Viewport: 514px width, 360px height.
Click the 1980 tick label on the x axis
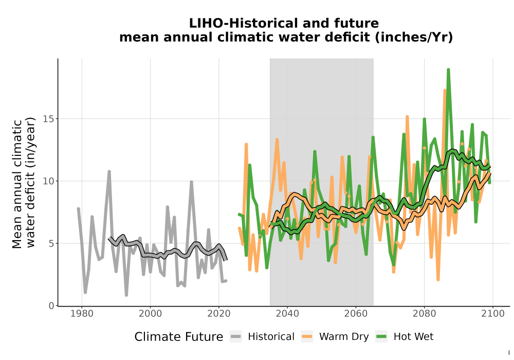click(82, 314)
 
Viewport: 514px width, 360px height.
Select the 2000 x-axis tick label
click(150, 314)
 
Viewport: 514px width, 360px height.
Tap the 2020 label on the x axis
click(218, 314)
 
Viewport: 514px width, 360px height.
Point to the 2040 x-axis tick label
click(287, 314)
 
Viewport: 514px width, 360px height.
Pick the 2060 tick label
click(356, 314)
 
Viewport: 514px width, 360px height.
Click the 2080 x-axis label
click(424, 314)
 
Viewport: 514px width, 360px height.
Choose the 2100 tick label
click(493, 314)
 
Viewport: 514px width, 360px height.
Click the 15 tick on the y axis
click(48, 119)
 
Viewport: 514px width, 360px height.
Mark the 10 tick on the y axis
click(48, 181)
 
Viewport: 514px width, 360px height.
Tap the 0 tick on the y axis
click(51, 306)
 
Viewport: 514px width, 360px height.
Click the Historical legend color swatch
click(236, 337)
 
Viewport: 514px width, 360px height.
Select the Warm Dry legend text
click(344, 337)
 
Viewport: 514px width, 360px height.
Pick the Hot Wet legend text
click(413, 337)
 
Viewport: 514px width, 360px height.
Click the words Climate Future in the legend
click(179, 337)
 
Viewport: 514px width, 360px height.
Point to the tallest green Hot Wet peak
click(448, 69)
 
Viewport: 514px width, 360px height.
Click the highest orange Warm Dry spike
click(445, 90)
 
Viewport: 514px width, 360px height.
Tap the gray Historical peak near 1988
click(109, 171)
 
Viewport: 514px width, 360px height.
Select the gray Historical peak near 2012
click(191, 182)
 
